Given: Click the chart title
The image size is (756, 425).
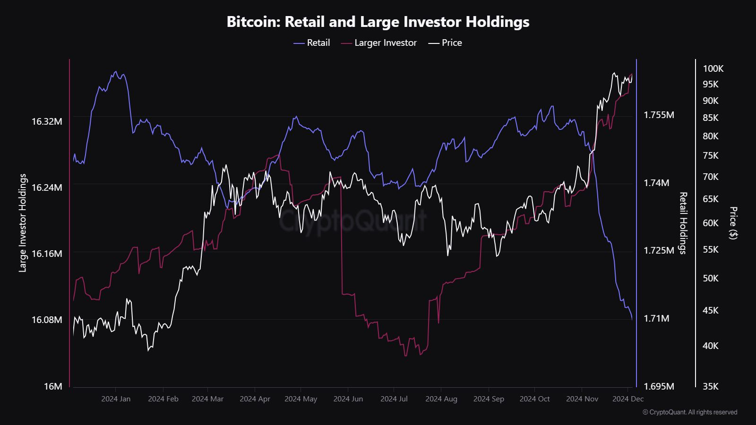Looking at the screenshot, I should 378,22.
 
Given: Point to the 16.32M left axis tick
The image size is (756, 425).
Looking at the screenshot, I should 47,121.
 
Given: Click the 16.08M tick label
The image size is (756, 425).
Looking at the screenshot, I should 47,320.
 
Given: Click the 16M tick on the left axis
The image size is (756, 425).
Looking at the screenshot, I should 53,386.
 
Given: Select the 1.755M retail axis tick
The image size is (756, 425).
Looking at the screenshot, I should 659,115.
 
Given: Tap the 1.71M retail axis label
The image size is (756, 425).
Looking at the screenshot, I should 656,318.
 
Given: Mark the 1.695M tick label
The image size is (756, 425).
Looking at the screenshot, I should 659,386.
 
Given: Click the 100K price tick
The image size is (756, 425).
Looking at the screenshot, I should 713,69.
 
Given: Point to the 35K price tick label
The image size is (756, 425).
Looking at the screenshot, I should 711,386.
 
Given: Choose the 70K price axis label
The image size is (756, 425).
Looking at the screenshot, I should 711,177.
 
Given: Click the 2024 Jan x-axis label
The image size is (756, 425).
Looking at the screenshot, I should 116,399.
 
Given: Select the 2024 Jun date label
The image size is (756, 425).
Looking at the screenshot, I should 348,399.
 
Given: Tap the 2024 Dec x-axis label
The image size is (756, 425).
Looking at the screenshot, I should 628,399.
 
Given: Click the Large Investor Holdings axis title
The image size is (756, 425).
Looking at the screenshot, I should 23,223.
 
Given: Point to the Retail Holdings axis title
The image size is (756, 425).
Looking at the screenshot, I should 682,223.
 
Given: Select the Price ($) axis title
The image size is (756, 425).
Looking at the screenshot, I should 733,223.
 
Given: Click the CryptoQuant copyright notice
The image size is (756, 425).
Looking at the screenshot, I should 690,412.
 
